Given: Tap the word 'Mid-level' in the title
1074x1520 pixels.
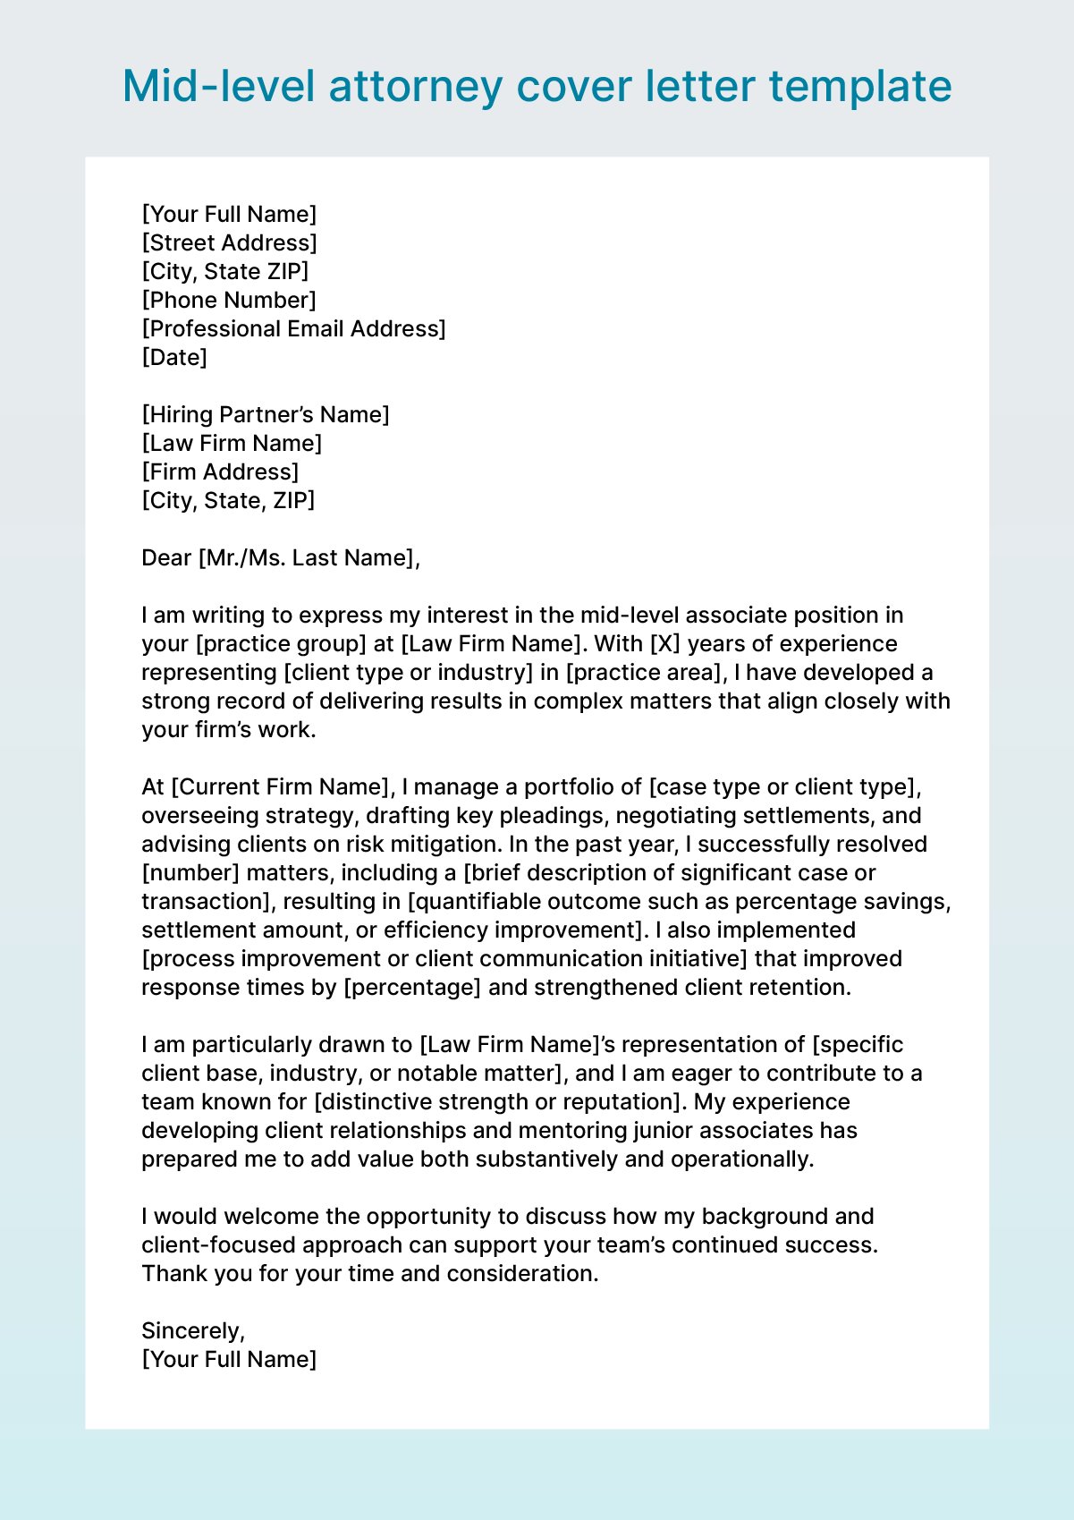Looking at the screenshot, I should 218,87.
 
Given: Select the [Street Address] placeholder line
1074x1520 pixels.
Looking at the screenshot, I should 229,242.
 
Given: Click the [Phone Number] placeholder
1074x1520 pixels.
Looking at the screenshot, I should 229,300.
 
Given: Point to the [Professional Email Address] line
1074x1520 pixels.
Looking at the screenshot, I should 293,328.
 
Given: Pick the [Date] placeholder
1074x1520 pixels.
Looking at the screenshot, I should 174,357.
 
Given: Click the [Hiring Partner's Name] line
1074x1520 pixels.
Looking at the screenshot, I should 266,414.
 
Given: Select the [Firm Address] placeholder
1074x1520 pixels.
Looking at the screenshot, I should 220,471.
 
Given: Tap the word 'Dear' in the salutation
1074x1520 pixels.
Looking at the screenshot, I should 166,557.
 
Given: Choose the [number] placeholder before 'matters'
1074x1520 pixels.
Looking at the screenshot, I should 190,872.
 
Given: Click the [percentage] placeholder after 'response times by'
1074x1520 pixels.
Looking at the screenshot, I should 412,987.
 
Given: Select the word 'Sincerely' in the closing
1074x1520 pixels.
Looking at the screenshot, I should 191,1330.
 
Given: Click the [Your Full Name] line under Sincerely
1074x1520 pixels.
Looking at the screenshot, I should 229,1359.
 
